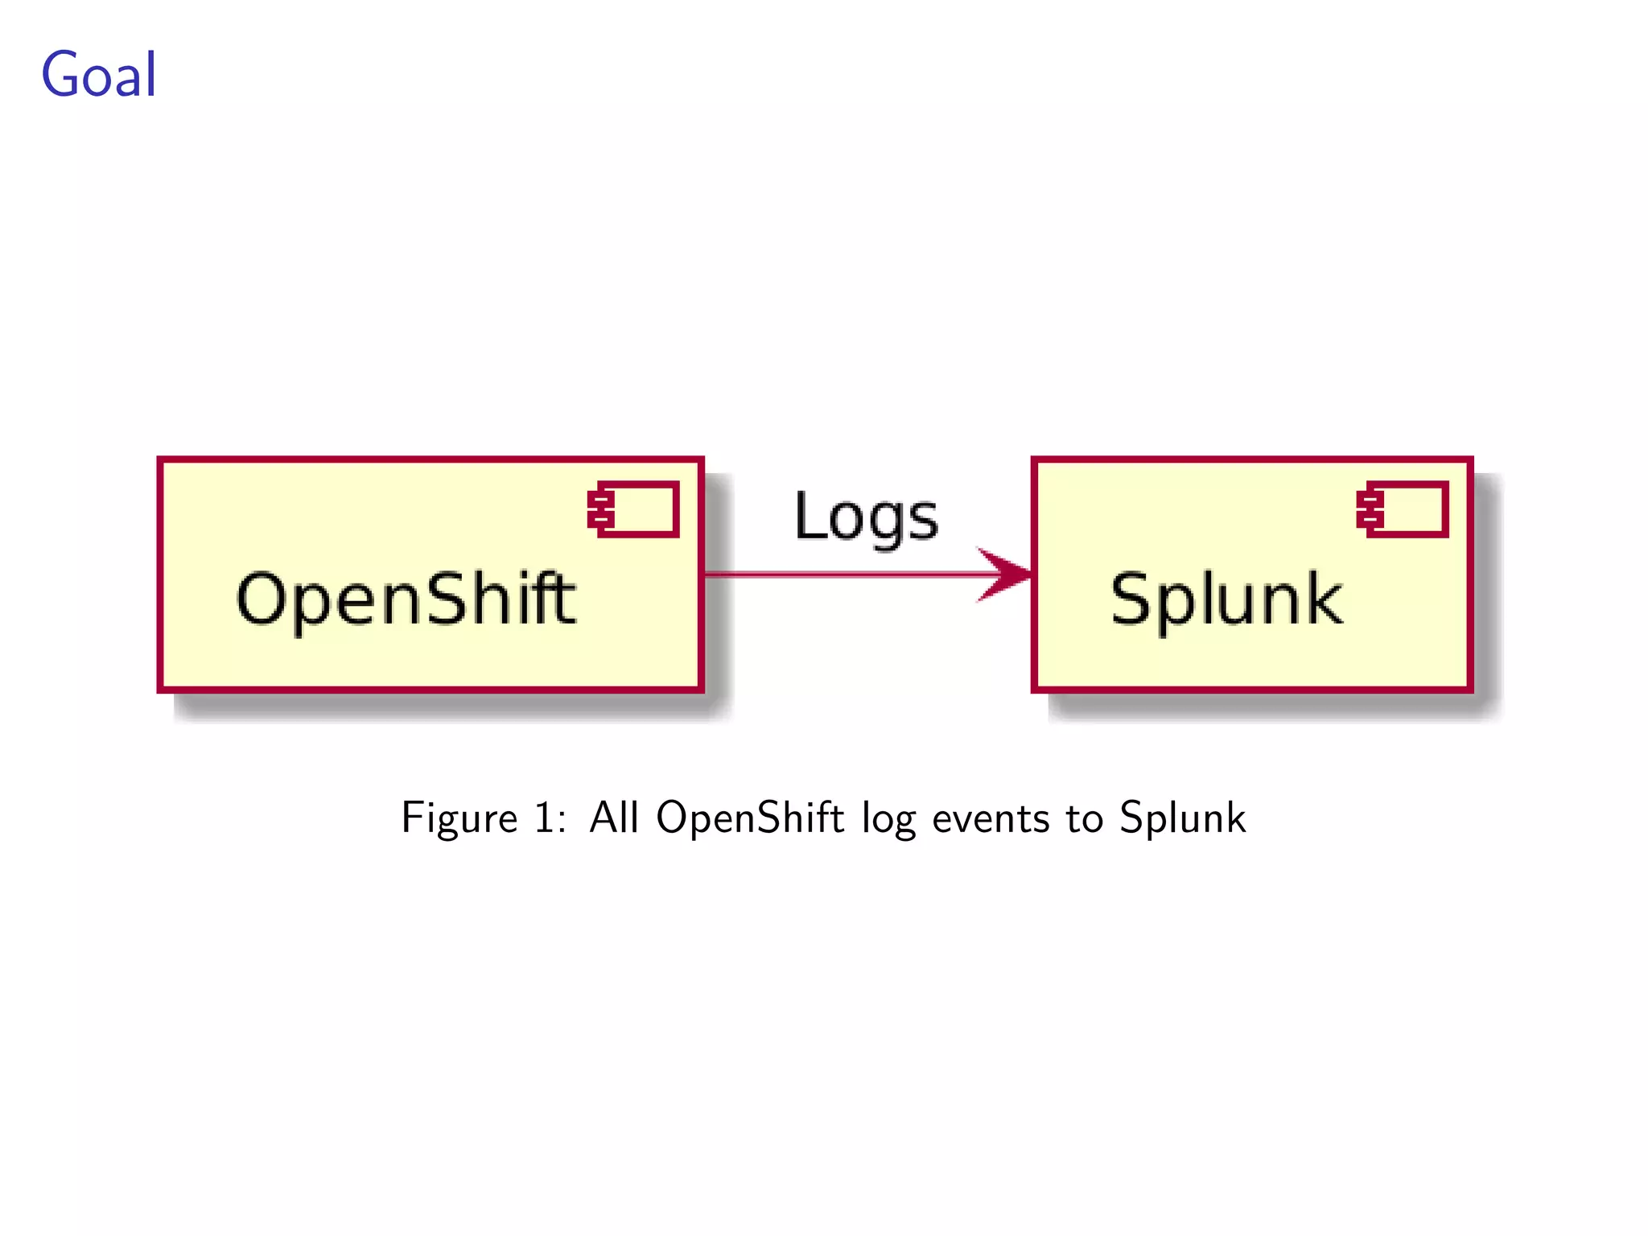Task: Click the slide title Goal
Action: pos(98,75)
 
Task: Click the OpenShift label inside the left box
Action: pos(406,599)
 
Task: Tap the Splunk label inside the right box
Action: pos(1226,599)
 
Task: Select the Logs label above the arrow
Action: pos(866,517)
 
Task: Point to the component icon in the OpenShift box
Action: pos(634,509)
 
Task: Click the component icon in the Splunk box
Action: pos(1403,509)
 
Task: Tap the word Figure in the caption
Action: pos(459,818)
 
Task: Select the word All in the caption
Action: pos(614,818)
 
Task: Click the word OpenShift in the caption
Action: pos(750,818)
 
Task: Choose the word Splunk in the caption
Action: pos(1182,818)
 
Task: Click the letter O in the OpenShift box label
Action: pos(262,599)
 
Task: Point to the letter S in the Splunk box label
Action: pos(1133,599)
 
